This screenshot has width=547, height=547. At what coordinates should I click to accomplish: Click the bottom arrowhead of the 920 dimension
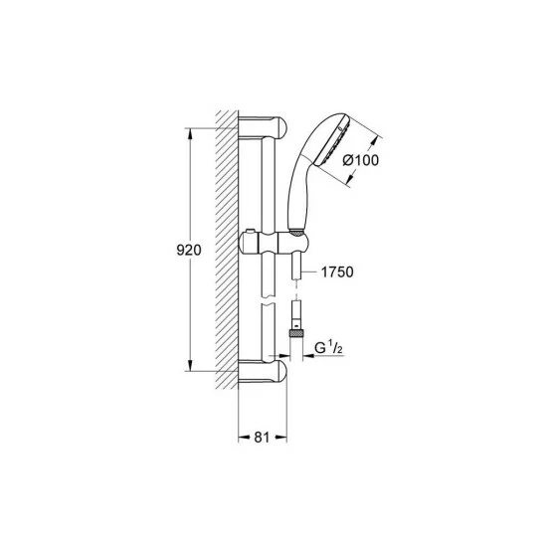click(x=188, y=368)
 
